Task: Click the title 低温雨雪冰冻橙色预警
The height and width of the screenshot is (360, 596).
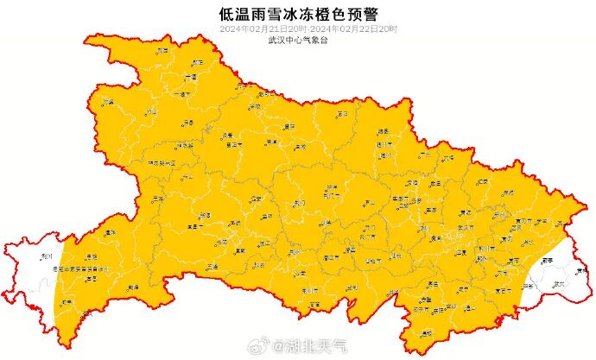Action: [x=298, y=14]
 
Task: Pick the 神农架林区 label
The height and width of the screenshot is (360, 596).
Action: [x=161, y=161]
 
